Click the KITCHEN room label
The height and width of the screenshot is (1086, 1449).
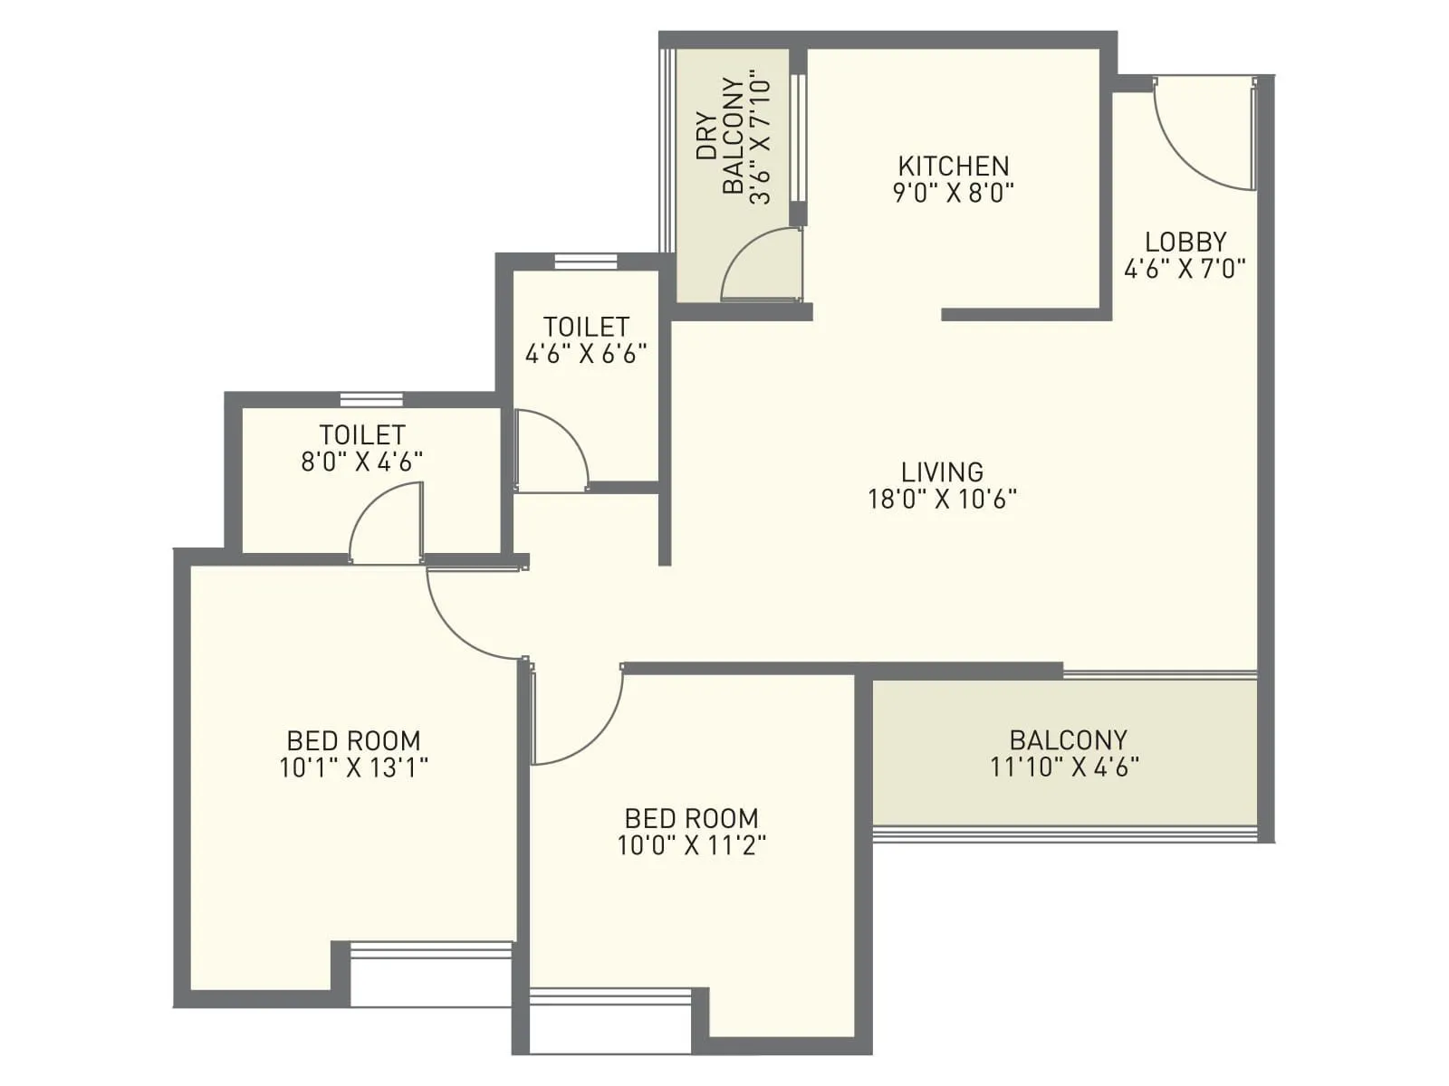953,166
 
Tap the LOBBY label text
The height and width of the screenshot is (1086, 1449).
1185,242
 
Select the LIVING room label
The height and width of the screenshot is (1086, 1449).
942,472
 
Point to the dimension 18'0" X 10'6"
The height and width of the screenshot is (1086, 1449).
942,499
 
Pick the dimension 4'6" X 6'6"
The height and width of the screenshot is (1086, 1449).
586,353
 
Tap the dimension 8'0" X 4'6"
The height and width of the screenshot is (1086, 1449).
361,462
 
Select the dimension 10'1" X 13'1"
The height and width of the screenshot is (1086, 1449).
353,767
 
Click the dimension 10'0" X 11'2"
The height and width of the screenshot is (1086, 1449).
691,845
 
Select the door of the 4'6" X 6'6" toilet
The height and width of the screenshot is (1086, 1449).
557,443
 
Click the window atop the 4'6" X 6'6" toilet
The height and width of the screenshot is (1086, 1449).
585,262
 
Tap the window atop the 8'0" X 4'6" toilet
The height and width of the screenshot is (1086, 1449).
371,399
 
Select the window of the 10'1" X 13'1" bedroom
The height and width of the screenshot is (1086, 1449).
431,949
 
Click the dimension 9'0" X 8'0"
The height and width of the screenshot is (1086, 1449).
953,193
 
